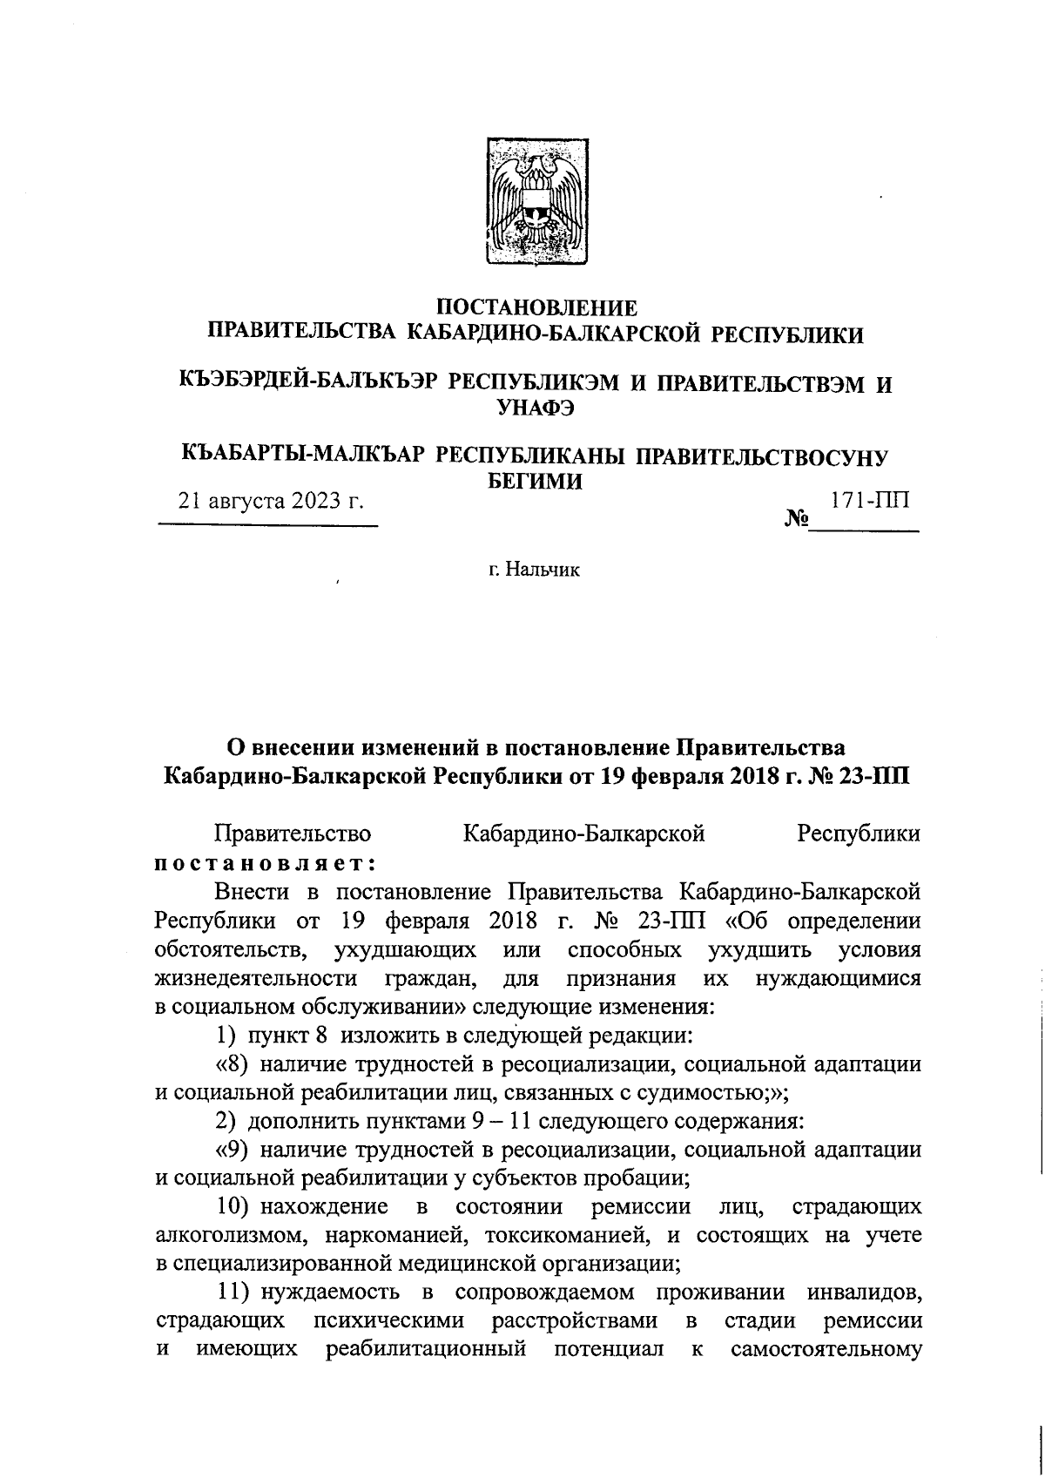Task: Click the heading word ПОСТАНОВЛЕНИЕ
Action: pyautogui.click(x=536, y=308)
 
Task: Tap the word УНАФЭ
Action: pyautogui.click(x=536, y=406)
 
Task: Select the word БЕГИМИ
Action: pyautogui.click(x=534, y=480)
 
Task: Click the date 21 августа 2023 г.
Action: pyautogui.click(x=270, y=503)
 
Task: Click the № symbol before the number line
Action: pyautogui.click(x=796, y=521)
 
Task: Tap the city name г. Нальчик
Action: pyautogui.click(x=534, y=570)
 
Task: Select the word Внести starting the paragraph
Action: pyautogui.click(x=247, y=892)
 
